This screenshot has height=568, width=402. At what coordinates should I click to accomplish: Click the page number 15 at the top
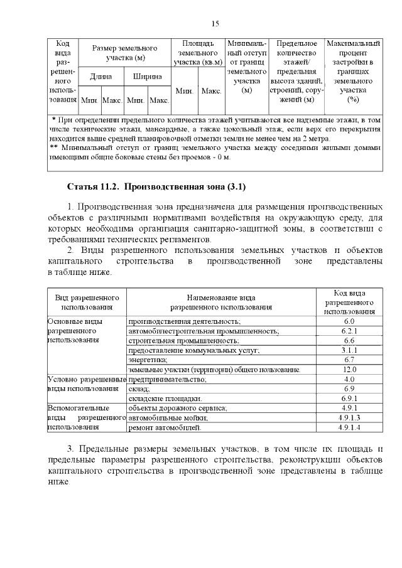(x=215, y=24)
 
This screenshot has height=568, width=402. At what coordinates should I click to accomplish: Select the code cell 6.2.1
(x=349, y=330)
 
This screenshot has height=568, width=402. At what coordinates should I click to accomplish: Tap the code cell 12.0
(x=349, y=370)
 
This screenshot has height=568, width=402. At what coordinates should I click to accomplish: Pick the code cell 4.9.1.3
(x=349, y=417)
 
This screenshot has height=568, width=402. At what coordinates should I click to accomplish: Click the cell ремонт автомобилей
(x=165, y=427)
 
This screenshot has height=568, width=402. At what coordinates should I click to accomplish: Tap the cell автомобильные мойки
(x=168, y=417)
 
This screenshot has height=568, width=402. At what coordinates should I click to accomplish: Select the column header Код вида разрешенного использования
(x=349, y=302)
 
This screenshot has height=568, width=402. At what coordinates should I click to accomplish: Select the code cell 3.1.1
(x=349, y=350)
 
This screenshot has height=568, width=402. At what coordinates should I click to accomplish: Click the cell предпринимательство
(x=168, y=380)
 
